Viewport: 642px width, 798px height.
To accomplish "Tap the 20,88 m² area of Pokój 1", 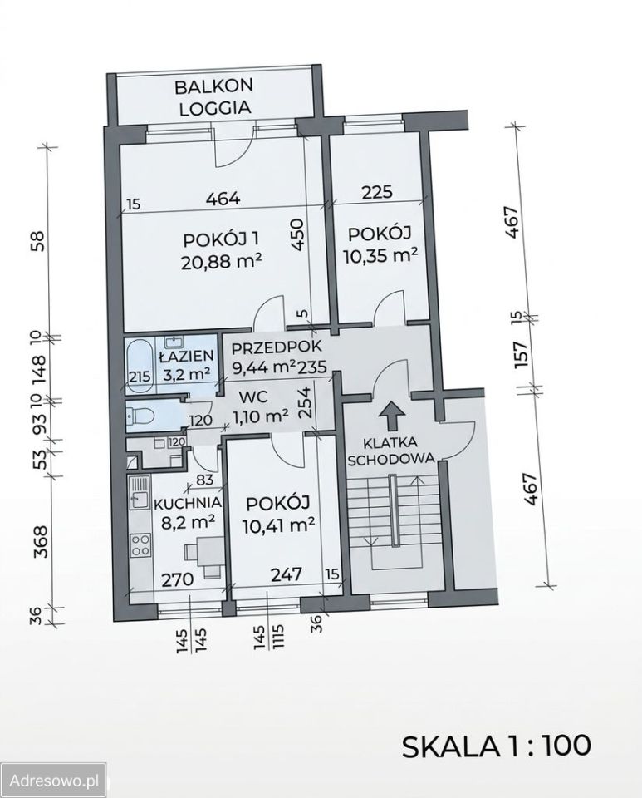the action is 221,262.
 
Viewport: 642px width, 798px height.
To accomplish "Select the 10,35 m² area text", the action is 380,254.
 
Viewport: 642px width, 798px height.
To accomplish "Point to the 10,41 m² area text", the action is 277,524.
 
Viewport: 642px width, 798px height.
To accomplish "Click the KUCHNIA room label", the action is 188,503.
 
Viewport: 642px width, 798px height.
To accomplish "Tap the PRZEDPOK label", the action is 277,347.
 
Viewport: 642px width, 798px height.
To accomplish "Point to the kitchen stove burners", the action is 141,544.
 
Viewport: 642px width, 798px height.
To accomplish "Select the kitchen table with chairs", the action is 203,555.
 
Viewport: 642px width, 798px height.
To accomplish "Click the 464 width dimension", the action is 222,198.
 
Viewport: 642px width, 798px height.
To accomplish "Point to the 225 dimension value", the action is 378,192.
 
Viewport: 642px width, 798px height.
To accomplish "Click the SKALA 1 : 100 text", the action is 497,746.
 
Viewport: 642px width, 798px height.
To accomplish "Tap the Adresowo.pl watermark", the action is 54,781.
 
